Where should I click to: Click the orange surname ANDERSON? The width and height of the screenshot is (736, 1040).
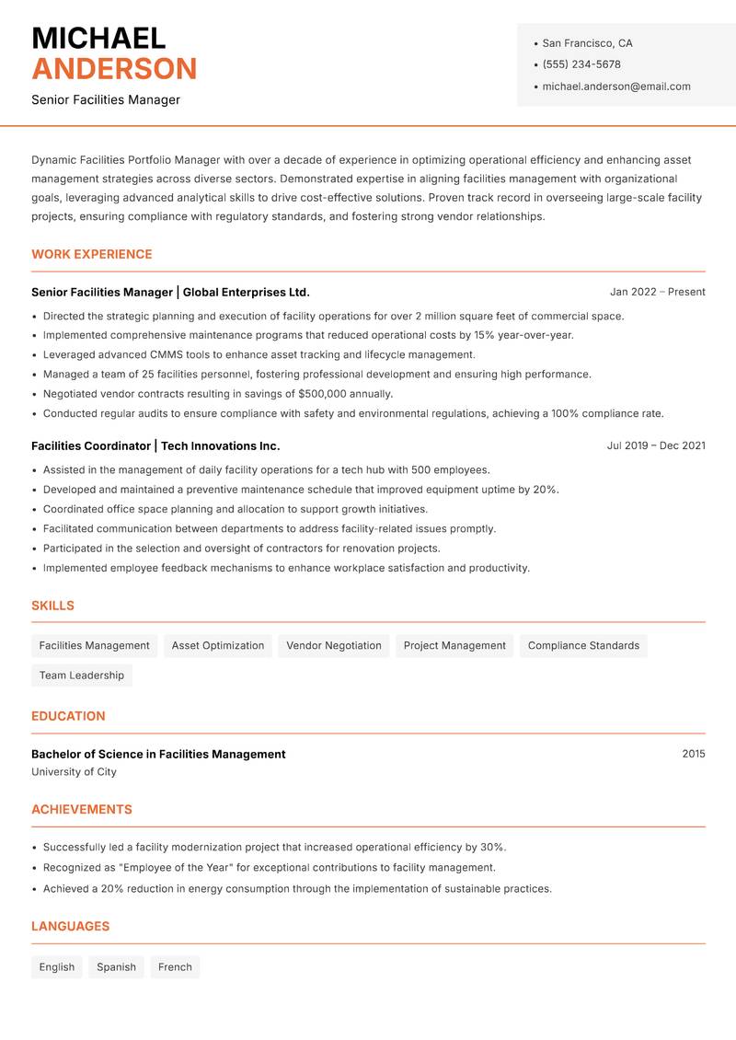114,69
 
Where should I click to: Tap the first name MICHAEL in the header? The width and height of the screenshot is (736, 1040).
98,38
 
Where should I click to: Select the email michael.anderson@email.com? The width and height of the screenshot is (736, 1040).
615,87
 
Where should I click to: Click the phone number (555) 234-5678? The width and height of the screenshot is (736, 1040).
581,64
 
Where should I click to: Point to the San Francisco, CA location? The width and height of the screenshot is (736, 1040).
587,43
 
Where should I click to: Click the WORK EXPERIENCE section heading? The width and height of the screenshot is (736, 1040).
92,254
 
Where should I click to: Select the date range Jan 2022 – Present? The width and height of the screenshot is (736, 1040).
657,292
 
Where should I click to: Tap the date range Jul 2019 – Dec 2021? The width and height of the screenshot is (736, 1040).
656,445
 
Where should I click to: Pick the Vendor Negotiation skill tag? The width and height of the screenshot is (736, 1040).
333,646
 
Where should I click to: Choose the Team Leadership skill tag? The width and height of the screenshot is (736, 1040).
82,676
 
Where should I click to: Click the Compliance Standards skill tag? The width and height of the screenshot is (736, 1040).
583,646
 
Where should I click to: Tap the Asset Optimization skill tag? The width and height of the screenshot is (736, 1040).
218,646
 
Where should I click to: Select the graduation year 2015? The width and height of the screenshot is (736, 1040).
694,754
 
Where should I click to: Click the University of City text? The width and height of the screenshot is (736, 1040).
74,772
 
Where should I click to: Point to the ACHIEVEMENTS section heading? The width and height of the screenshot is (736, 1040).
82,810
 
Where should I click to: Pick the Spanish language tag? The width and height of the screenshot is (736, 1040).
116,967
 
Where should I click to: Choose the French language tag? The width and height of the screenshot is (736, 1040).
175,967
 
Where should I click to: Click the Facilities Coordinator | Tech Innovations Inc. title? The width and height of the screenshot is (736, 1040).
155,445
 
